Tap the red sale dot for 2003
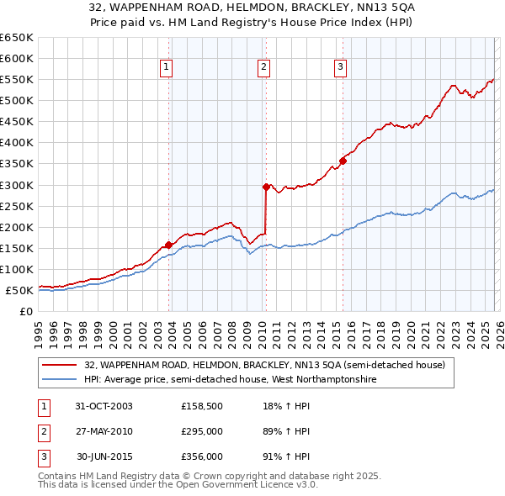[169, 245]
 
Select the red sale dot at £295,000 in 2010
[267, 187]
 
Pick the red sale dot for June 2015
[343, 161]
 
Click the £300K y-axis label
[17, 185]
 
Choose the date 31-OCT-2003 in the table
[104, 407]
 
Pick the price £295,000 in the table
[202, 431]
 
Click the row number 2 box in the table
[43, 431]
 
